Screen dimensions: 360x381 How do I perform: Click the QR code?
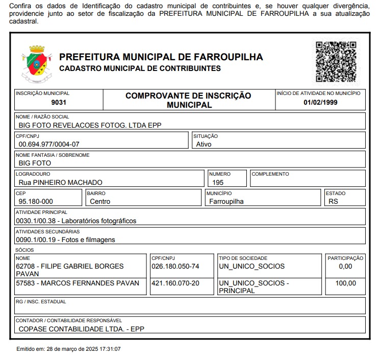(x=336, y=62)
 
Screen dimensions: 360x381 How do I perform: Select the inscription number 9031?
(x=59, y=102)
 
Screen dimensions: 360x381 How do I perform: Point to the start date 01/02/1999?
(x=320, y=102)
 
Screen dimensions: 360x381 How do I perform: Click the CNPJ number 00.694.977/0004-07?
(x=49, y=145)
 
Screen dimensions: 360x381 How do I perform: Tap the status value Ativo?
(x=204, y=145)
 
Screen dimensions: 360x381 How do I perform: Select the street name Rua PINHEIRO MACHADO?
(x=60, y=182)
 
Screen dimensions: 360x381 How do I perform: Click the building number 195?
(x=218, y=182)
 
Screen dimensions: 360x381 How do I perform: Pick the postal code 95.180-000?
(x=36, y=201)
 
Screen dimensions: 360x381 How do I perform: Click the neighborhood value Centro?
(x=100, y=201)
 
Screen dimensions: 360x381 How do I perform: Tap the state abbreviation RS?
(x=334, y=201)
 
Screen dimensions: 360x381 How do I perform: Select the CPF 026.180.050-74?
(x=175, y=267)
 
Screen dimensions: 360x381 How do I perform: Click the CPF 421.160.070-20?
(x=175, y=283)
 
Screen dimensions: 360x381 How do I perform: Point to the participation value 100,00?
(x=346, y=283)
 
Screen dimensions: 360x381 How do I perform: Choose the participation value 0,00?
(x=345, y=267)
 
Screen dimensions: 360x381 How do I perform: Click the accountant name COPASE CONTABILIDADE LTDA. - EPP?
(x=82, y=329)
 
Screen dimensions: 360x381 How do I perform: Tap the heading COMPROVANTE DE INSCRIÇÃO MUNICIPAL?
(x=189, y=100)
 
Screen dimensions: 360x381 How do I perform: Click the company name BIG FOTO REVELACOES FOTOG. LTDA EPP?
(x=90, y=125)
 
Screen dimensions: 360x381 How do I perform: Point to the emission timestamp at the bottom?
(x=69, y=349)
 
